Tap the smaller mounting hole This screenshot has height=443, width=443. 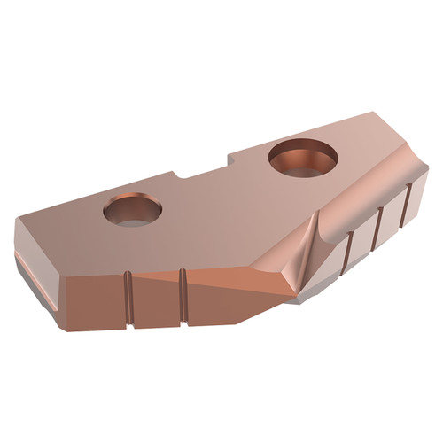point(132,211)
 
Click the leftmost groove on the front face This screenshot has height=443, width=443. point(128,297)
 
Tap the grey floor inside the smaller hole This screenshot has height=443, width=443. point(133,219)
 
